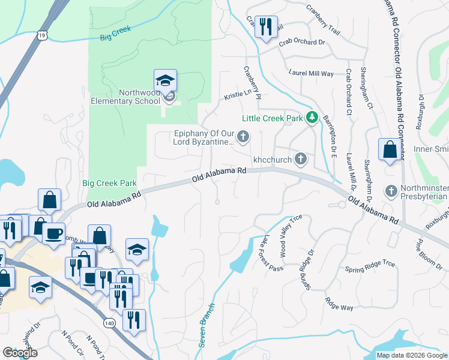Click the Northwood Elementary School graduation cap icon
[x=166, y=80]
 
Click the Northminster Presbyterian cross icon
[x=391, y=191]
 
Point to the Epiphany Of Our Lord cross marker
[x=243, y=137]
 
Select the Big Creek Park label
[x=109, y=183]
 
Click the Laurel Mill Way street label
[x=310, y=73]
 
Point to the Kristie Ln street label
[x=237, y=95]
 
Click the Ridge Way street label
[x=339, y=304]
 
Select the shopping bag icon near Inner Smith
[x=390, y=150]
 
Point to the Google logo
[x=20, y=353]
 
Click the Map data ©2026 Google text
[x=411, y=355]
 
